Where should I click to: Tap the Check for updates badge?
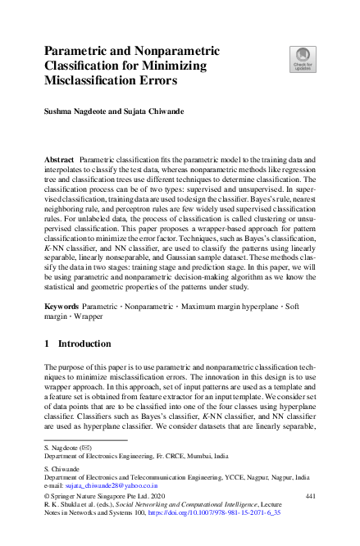(x=302, y=59)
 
